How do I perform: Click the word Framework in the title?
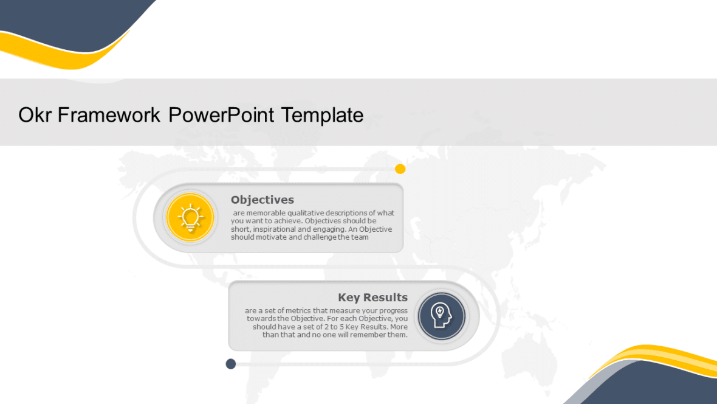tap(109, 115)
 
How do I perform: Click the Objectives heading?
tap(262, 200)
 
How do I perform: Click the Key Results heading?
tap(372, 298)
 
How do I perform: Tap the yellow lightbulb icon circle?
tap(191, 217)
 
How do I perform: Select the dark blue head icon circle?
tap(442, 316)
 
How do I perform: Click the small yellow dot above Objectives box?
tap(400, 169)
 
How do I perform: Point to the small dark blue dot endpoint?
tap(231, 364)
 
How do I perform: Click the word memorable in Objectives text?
tap(265, 213)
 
